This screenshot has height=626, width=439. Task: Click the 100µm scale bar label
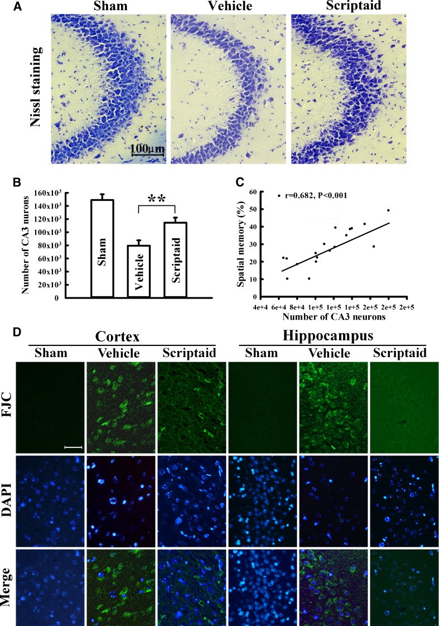point(147,149)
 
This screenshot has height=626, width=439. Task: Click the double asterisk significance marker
point(157,199)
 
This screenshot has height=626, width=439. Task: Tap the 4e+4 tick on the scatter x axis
point(261,307)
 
